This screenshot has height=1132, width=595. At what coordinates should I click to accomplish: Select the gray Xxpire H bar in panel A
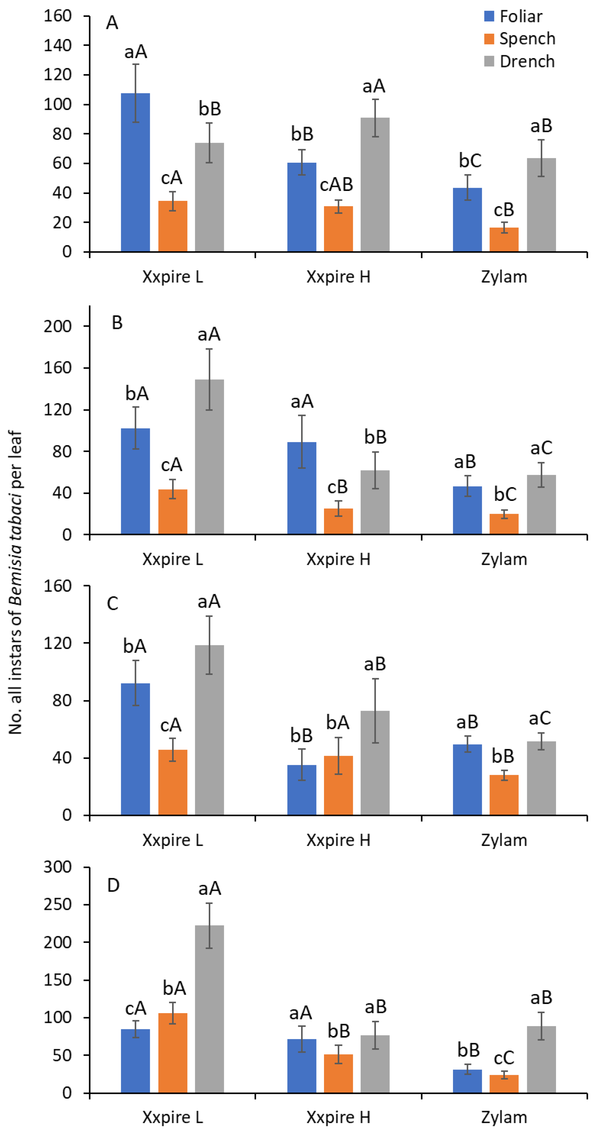375,184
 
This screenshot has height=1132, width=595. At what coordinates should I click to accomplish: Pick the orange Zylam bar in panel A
504,240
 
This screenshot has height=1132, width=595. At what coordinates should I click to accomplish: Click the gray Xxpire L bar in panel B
209,457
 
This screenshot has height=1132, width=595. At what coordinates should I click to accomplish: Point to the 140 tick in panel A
57,45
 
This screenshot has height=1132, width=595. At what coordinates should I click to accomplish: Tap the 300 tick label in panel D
57,867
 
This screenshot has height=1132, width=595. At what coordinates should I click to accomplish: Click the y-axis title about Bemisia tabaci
15,582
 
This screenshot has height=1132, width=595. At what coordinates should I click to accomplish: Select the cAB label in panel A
336,184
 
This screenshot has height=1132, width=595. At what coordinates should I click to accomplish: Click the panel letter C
112,604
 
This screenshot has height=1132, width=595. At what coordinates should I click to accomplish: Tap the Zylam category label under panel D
504,1117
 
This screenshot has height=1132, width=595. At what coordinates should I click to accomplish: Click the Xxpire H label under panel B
338,559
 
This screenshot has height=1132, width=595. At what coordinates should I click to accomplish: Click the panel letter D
113,886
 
